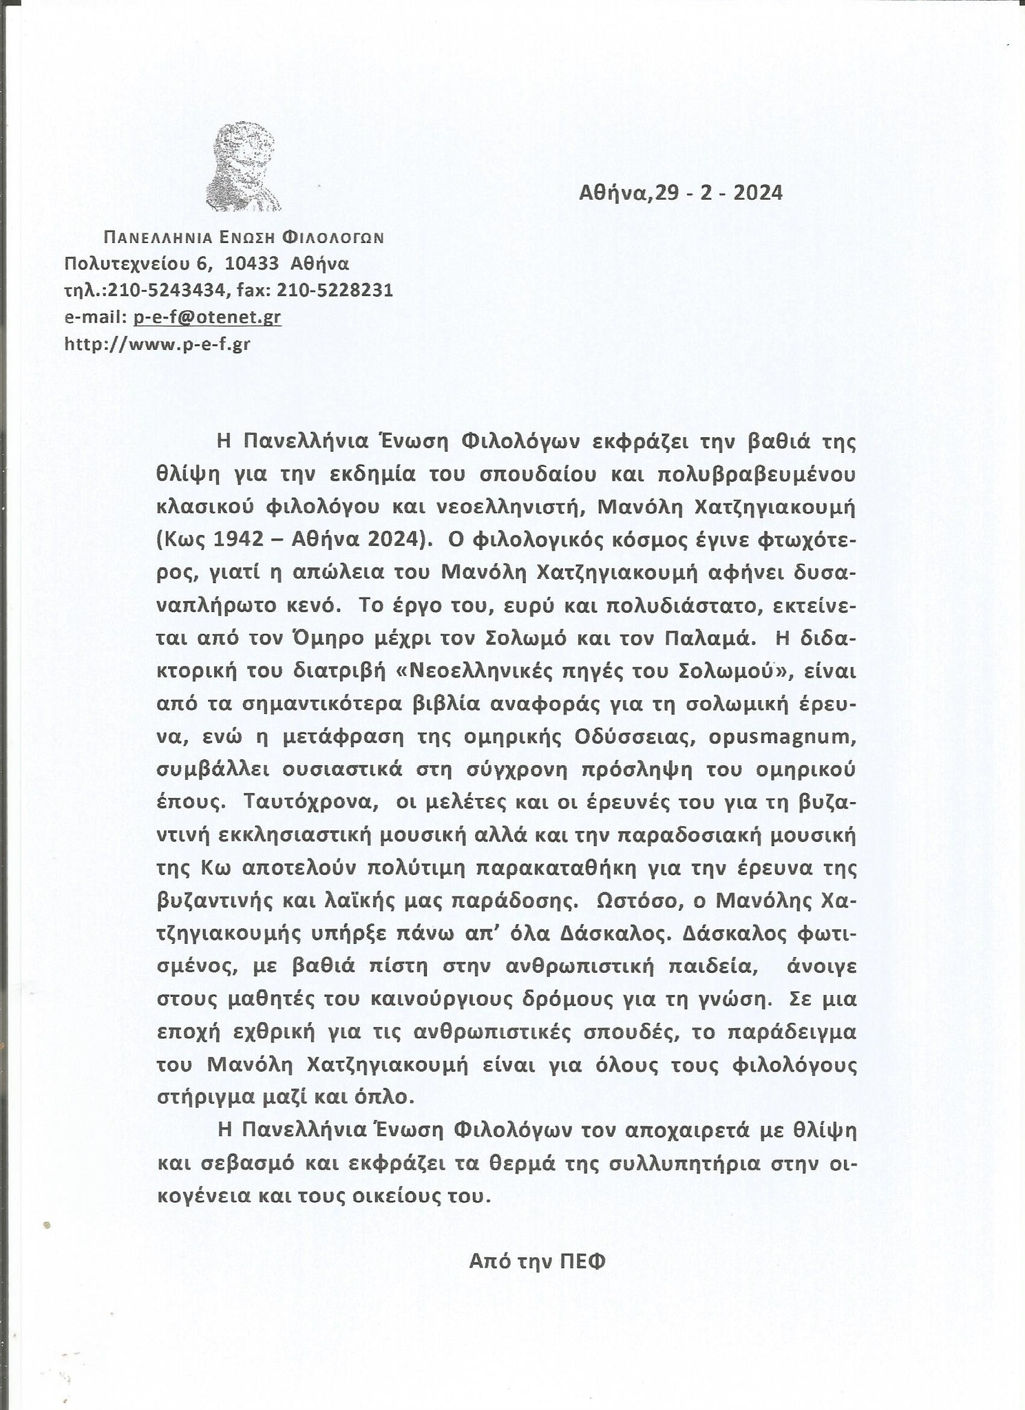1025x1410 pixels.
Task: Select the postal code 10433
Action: (x=252, y=264)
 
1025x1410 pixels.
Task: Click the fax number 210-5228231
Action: (x=335, y=291)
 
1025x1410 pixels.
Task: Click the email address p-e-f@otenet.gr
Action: (x=207, y=317)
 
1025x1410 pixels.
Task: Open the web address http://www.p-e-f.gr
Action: (x=157, y=344)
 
